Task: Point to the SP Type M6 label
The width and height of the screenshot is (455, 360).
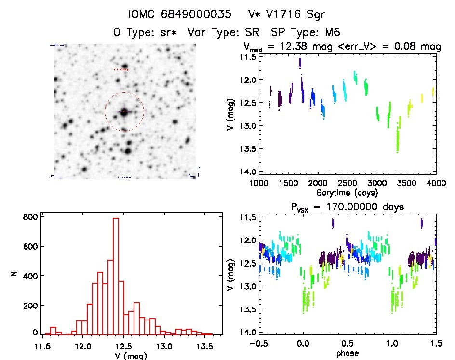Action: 306,33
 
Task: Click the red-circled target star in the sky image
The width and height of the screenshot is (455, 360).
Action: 124,112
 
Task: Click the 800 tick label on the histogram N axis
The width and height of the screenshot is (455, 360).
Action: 30,217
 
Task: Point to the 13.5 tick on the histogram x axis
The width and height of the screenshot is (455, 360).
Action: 204,346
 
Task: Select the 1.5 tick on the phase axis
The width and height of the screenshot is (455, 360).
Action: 436,344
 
